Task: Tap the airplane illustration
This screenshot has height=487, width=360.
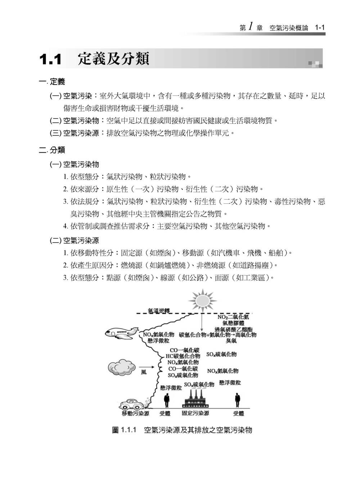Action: point(122,332)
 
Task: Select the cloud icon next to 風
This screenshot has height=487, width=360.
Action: point(121,368)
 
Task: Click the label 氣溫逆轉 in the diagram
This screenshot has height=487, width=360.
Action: point(158,310)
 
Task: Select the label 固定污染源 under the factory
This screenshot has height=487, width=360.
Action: point(195,413)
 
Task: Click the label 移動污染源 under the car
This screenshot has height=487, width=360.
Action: point(135,414)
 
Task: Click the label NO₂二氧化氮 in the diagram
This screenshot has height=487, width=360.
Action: point(233,317)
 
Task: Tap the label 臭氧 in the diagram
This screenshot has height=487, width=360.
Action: point(231,341)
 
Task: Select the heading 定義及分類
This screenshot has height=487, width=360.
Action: point(113,59)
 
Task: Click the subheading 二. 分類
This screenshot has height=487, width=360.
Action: point(52,150)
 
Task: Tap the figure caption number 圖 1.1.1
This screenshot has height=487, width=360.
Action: point(125,430)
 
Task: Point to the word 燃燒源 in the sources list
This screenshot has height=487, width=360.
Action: point(131,266)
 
